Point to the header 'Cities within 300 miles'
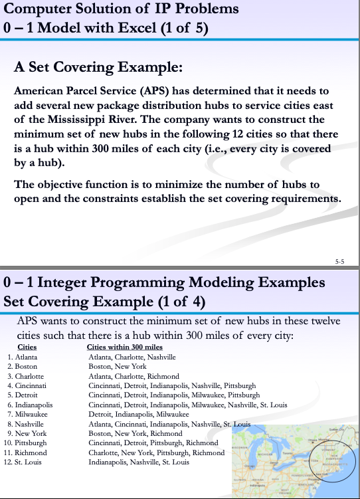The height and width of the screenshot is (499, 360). click(x=125, y=348)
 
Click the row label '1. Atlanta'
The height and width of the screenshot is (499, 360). click(x=23, y=357)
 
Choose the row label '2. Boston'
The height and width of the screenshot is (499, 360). click(x=22, y=366)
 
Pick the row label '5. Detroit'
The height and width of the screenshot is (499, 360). click(x=23, y=394)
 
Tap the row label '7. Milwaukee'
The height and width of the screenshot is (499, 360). click(x=26, y=413)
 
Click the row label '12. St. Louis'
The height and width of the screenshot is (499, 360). click(x=25, y=461)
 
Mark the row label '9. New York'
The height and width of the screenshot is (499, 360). click(x=25, y=433)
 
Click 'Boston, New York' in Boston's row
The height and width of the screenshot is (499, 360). click(x=118, y=366)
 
